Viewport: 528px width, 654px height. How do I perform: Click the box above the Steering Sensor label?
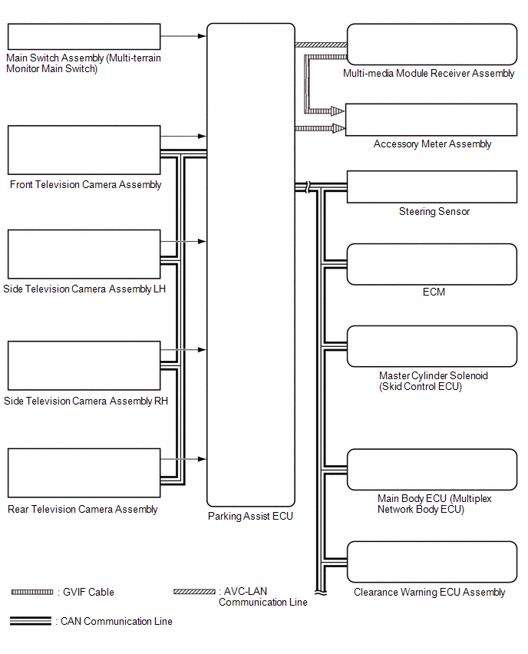click(x=432, y=187)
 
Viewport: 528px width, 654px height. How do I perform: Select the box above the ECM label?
click(x=432, y=264)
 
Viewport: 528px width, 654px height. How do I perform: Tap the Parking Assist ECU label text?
click(x=250, y=517)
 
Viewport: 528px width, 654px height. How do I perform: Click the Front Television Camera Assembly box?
click(x=84, y=150)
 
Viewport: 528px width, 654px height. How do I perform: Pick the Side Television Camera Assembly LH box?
click(x=84, y=254)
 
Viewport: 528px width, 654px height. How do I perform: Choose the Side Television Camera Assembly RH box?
click(x=84, y=365)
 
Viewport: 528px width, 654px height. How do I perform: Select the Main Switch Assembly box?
click(x=84, y=37)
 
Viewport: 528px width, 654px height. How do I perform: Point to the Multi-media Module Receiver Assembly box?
click(x=432, y=45)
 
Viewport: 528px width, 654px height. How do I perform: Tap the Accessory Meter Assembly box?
click(x=432, y=120)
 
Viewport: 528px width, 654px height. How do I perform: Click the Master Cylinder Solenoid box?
click(x=432, y=346)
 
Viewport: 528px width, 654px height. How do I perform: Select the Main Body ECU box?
click(x=432, y=469)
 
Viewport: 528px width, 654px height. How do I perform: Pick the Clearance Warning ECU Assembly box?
click(x=432, y=563)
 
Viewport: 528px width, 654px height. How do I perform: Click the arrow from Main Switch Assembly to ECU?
click(x=184, y=35)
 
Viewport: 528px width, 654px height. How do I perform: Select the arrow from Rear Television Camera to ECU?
click(x=184, y=459)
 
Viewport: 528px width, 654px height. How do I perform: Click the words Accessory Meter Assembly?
click(x=432, y=144)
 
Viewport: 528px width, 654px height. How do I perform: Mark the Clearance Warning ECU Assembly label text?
click(x=429, y=592)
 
